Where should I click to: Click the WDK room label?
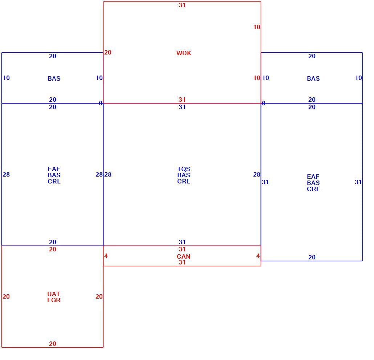[184, 53]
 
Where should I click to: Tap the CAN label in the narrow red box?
[183, 256]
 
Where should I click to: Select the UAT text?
[54, 294]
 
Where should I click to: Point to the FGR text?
[54, 300]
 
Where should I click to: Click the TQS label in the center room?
[183, 169]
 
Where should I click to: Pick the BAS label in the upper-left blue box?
[54, 78]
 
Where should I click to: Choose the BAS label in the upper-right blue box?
[313, 78]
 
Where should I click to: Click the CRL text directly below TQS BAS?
[183, 181]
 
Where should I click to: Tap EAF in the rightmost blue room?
[313, 177]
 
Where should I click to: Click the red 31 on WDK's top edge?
[182, 5]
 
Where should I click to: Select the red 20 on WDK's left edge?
[108, 52]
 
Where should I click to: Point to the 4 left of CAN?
[106, 256]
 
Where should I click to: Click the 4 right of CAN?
[258, 256]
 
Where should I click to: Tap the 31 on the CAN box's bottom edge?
[182, 262]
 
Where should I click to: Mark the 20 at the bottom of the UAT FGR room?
[53, 344]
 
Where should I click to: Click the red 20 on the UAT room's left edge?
[6, 296]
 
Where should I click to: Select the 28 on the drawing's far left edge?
[6, 174]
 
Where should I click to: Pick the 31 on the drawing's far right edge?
[358, 182]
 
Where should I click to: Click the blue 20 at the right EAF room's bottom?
[312, 257]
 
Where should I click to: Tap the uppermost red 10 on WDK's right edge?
[257, 27]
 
